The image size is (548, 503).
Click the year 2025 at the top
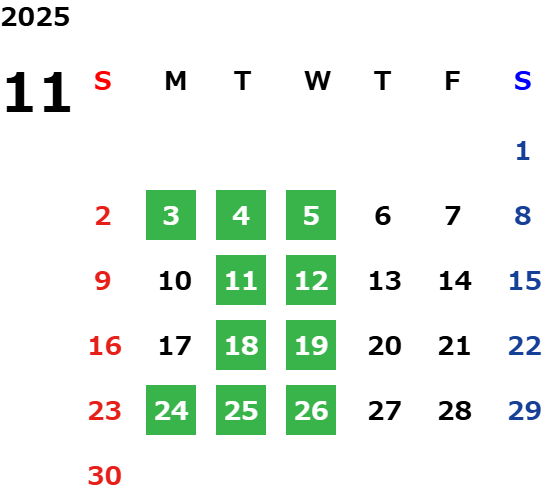click(35, 17)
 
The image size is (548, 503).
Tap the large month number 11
click(38, 92)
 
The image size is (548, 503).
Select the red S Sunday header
click(103, 81)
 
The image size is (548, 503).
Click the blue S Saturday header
click(523, 81)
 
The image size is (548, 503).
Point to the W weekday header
click(317, 81)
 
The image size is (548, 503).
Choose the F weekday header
click(453, 81)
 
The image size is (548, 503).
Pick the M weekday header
click(175, 81)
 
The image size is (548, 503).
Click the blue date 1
click(523, 151)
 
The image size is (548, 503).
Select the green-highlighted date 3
click(171, 215)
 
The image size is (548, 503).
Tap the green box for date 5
click(311, 215)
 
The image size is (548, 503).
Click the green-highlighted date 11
click(241, 280)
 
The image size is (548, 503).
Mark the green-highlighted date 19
click(311, 345)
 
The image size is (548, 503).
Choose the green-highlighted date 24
click(171, 410)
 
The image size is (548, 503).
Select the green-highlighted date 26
click(311, 410)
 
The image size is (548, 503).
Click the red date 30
click(105, 475)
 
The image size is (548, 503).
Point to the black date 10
click(175, 281)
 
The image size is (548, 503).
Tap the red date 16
click(105, 346)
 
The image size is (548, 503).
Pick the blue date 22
click(525, 346)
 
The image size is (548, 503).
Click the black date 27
click(384, 411)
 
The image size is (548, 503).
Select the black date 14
click(455, 281)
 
